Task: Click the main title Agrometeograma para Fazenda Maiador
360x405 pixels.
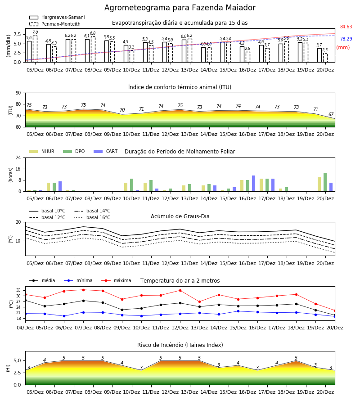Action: point(180,8)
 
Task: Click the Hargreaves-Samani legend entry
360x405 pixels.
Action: point(57,17)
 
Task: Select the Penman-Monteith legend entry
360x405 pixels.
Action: point(55,24)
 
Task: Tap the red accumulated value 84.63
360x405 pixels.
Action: point(346,27)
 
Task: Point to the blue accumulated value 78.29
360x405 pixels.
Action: point(346,39)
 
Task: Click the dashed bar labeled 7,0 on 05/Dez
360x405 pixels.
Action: point(35,49)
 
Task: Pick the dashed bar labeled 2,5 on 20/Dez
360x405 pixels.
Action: point(325,58)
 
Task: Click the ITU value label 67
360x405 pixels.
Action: point(331,114)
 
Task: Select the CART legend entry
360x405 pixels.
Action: point(105,151)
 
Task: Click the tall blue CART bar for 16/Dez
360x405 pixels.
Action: point(254,184)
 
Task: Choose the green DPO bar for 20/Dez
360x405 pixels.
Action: point(325,182)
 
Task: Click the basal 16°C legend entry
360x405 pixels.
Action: point(92,217)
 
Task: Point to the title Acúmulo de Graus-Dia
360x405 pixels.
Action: point(180,216)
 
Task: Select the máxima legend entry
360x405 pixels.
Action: point(116,280)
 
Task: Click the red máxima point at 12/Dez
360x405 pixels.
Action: point(180,291)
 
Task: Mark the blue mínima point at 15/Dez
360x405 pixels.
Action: point(238,311)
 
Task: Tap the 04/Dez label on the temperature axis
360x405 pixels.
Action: point(25,328)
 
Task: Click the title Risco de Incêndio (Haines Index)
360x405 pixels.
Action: point(180,345)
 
